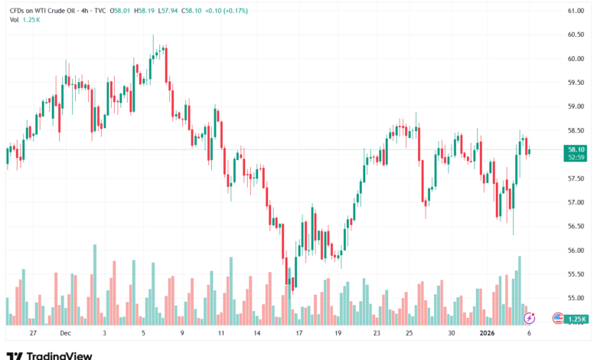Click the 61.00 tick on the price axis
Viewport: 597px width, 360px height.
pos(576,11)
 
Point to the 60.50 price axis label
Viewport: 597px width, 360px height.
pos(576,34)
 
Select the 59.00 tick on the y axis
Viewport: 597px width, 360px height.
pos(576,106)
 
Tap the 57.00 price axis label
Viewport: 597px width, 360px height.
pos(576,203)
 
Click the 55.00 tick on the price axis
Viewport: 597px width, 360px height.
pos(576,299)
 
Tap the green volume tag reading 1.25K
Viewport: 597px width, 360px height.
pos(577,319)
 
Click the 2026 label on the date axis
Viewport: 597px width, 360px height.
pos(487,334)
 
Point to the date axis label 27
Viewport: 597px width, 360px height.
pos(32,334)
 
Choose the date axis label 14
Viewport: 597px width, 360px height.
pos(259,334)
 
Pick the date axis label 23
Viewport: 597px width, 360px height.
pos(377,334)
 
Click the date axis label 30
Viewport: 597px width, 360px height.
pos(452,334)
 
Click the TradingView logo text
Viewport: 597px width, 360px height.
pos(59,355)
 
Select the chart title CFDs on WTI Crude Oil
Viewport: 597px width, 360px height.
pos(42,11)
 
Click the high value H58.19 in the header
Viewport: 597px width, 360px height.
pos(143,11)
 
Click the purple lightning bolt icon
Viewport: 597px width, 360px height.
pos(529,318)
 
